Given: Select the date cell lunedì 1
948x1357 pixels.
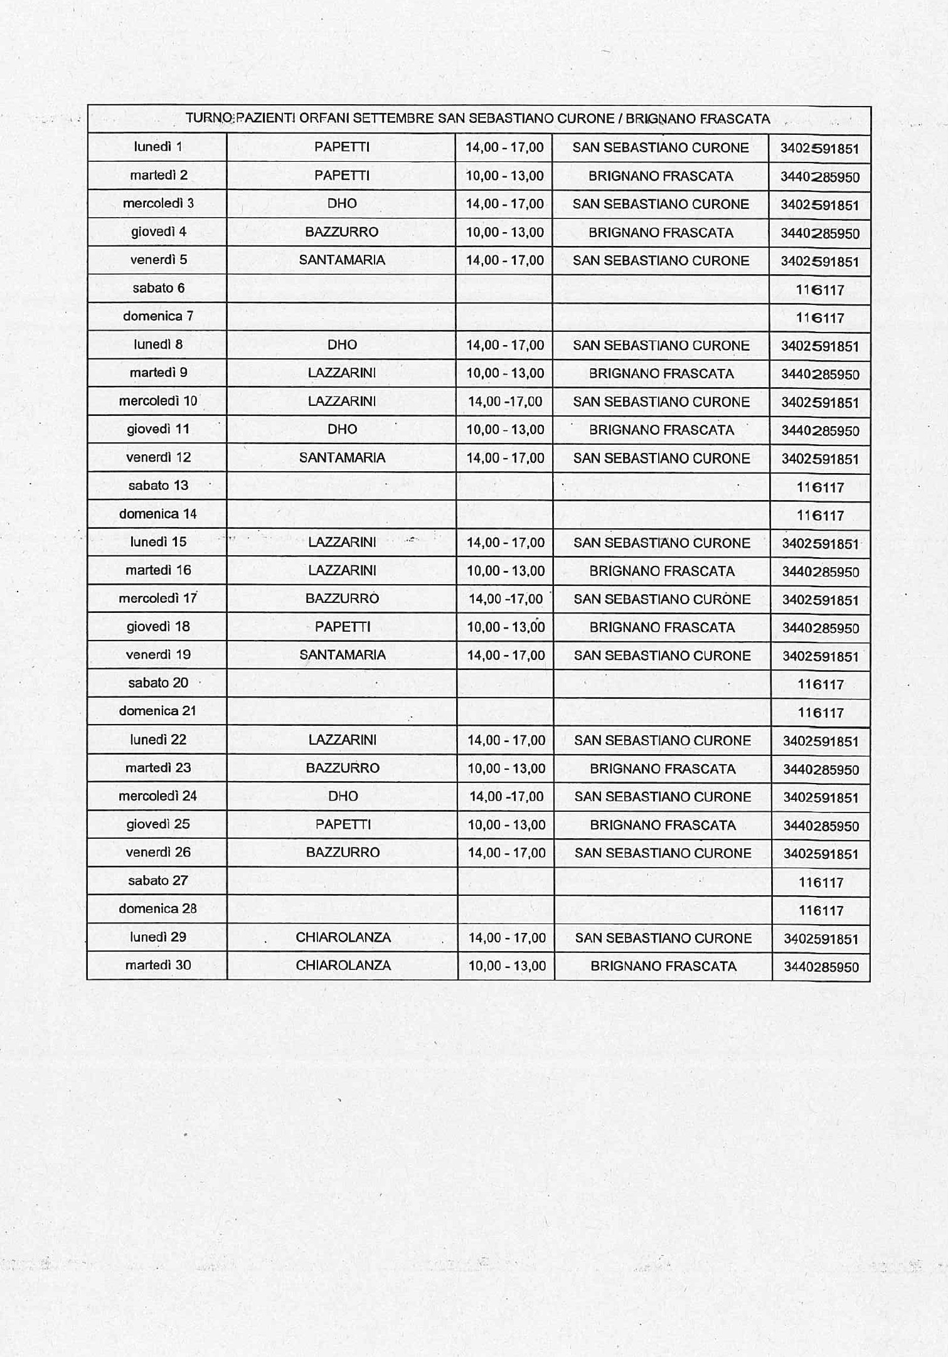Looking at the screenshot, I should coord(157,147).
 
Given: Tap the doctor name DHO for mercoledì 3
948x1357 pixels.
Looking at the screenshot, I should coord(342,203).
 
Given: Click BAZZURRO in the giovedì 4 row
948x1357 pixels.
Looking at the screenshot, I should coord(342,231).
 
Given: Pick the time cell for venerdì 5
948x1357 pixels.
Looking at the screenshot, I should coord(504,260).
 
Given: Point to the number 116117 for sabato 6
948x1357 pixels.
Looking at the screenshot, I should coord(820,290).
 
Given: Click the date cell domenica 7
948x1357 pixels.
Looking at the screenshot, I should coord(157,316).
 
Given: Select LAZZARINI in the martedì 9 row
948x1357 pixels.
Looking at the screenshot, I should coord(342,373).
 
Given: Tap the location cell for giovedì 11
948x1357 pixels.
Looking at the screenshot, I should coord(661,430).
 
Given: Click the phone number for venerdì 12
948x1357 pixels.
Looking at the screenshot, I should coord(820,459).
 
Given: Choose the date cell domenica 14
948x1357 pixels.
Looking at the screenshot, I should coord(157,514).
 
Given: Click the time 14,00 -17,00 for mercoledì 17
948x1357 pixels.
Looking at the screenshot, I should coord(506,599).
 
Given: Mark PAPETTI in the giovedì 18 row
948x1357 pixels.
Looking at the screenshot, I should coord(343,627).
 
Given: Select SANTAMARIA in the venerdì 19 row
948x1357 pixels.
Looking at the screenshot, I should coord(343,655).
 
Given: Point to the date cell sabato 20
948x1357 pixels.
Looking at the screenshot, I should coord(157,683).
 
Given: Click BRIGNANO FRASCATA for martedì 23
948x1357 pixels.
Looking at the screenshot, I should coord(663,769).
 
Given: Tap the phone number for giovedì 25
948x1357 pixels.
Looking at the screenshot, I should coord(821,826).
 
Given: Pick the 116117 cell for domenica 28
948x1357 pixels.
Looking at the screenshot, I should coord(821,910).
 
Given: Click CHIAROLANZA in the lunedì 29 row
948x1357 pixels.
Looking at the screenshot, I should coord(343,937).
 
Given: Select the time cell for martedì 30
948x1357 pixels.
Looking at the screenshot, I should coord(507,966).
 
